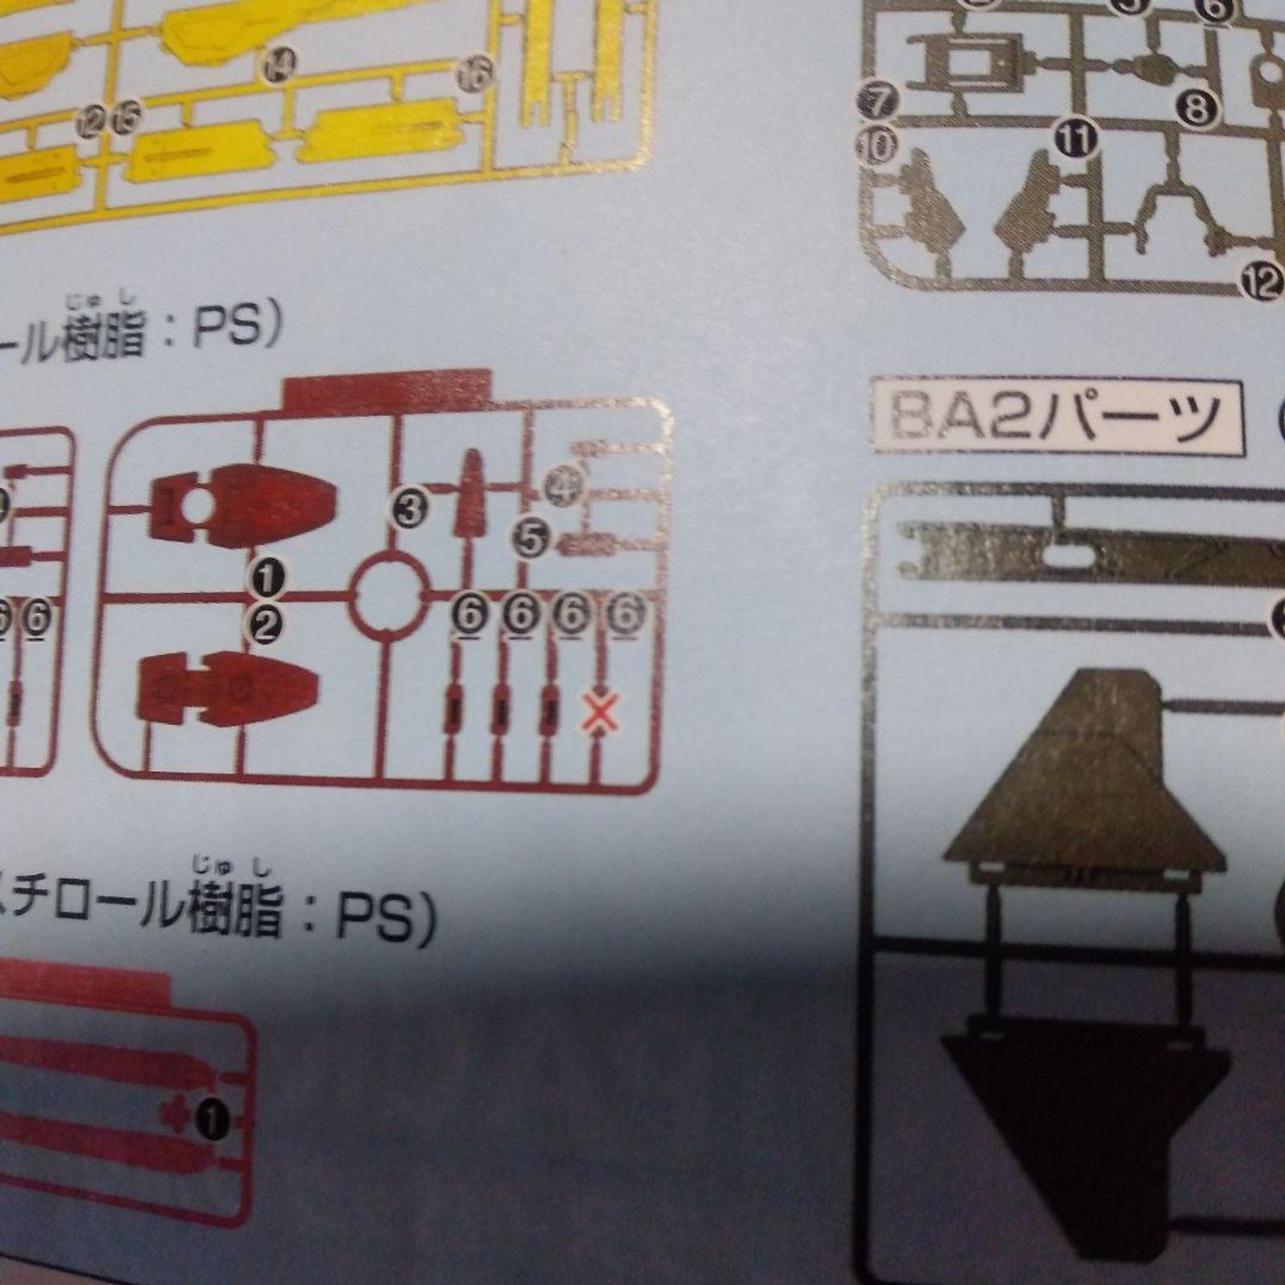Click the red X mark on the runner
[596, 714]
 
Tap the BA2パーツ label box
[1058, 417]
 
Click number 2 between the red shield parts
[266, 624]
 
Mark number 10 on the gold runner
[877, 146]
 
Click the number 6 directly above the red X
[626, 614]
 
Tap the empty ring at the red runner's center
[390, 594]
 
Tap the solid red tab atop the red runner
[386, 393]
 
